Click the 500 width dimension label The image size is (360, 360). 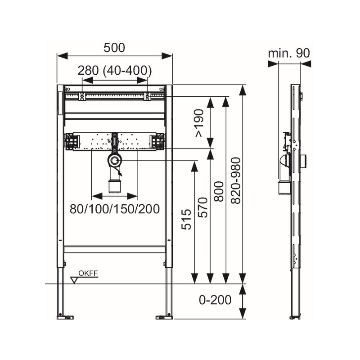tap(114, 48)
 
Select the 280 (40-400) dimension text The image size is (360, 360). tap(115, 71)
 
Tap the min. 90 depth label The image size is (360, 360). tap(289, 53)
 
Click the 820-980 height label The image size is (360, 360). tap(236, 180)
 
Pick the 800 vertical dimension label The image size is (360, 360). tap(219, 192)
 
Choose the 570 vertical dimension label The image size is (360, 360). tap(203, 207)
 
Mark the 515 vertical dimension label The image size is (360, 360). tap(186, 219)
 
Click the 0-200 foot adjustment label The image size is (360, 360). tap(215, 300)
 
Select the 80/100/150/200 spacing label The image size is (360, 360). tap(115, 209)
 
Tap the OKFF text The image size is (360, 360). tap(88, 274)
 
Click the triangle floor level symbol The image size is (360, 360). tap(74, 280)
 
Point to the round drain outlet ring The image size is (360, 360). tap(115, 160)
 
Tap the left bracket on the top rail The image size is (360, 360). tap(82, 96)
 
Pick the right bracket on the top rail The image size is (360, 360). tap(147, 96)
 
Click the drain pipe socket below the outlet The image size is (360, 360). tap(115, 186)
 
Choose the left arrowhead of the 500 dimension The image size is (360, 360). tap(62, 56)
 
